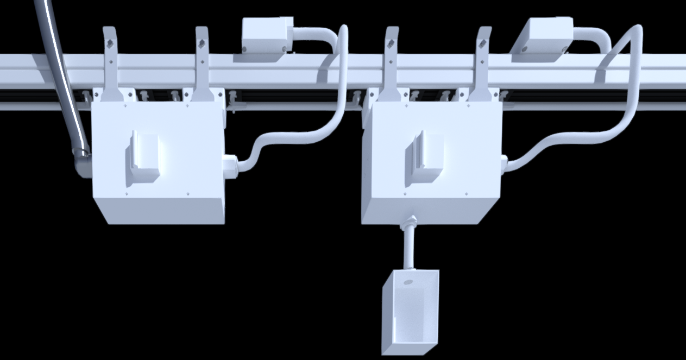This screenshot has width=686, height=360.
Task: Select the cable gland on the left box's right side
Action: (230, 166)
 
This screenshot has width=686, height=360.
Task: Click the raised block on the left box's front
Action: (143, 157)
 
